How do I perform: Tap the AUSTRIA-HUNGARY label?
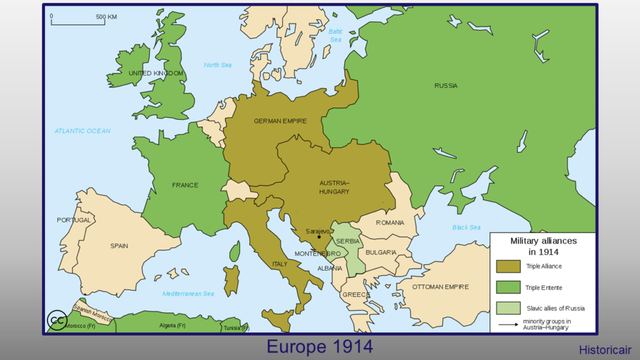334,188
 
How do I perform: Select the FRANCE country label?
184,185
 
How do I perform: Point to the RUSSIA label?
446,86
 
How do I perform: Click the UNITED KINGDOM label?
156,74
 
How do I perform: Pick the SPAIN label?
119,245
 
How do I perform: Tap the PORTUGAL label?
75,220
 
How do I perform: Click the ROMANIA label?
389,222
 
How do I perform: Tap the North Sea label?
217,65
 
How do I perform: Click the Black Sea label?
466,227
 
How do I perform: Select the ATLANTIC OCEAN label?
83,131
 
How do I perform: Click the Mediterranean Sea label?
188,293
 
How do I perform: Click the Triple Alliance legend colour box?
509,265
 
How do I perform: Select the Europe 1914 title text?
320,347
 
